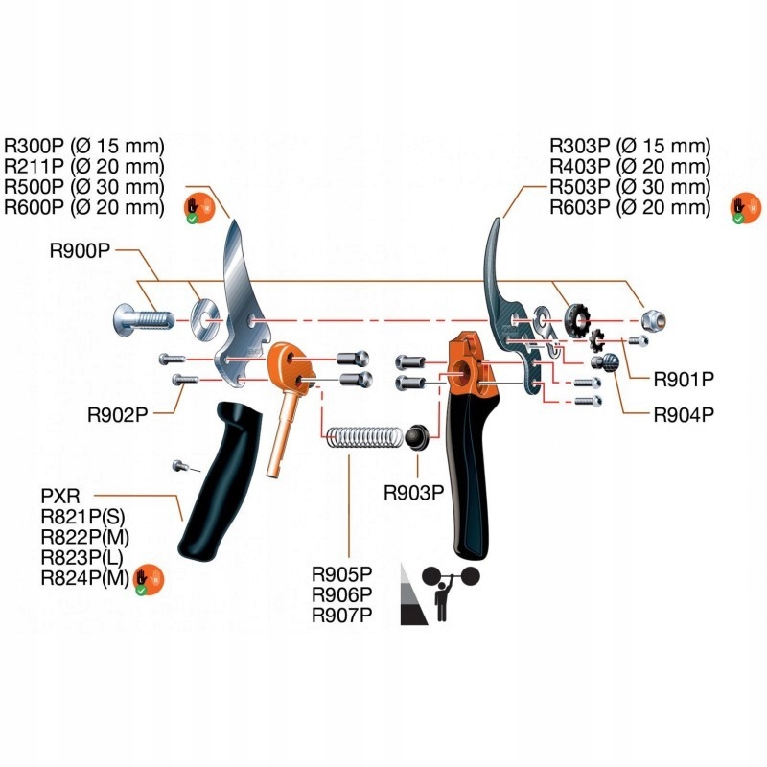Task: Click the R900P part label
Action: point(81,251)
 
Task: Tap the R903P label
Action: point(414,493)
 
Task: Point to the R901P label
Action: point(685,379)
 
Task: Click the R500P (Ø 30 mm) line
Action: point(84,186)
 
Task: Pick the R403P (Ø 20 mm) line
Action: point(630,167)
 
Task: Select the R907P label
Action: point(341,616)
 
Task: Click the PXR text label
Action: point(58,498)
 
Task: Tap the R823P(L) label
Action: point(82,557)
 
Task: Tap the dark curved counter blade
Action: point(500,278)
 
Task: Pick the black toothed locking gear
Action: point(578,319)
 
